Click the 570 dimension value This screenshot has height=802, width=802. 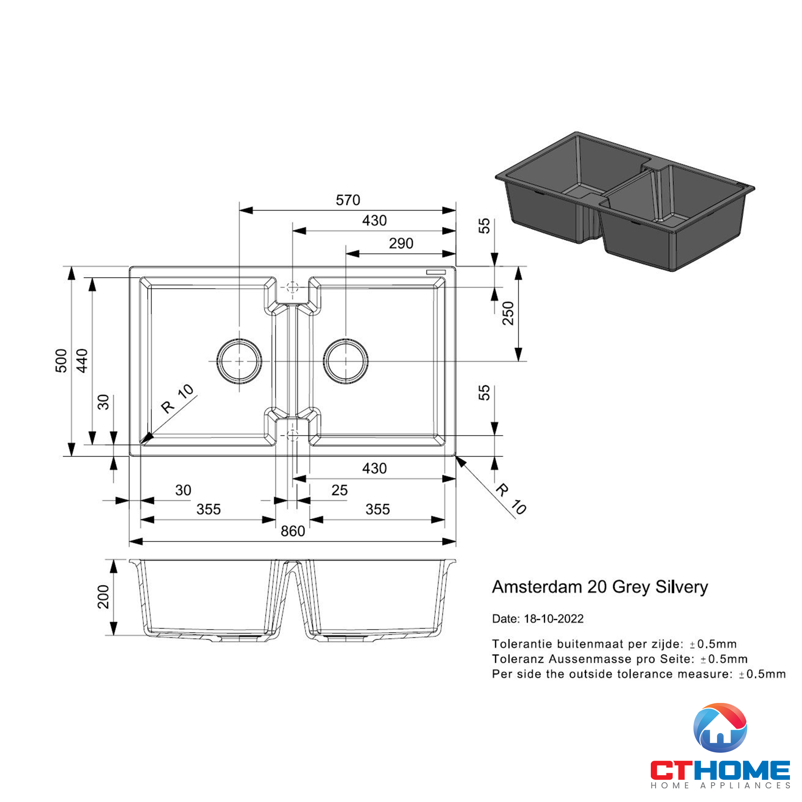pyautogui.click(x=348, y=200)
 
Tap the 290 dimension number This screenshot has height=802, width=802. pyautogui.click(x=401, y=243)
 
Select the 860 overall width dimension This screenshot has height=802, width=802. pyautogui.click(x=293, y=531)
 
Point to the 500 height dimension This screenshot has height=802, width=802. pyautogui.click(x=61, y=361)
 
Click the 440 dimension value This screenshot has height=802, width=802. pyautogui.click(x=82, y=361)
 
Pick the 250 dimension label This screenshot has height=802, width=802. pyautogui.click(x=508, y=314)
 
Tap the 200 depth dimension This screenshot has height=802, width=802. pyautogui.click(x=103, y=597)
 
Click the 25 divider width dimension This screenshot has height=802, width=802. pyautogui.click(x=340, y=490)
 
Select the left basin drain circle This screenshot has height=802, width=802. pyautogui.click(x=239, y=361)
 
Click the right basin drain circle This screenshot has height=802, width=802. pyautogui.click(x=346, y=361)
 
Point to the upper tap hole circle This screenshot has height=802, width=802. pyautogui.click(x=293, y=287)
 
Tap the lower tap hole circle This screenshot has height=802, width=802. pyautogui.click(x=293, y=435)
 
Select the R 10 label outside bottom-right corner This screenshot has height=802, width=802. pyautogui.click(x=511, y=499)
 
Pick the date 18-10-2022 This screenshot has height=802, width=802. pyautogui.click(x=554, y=619)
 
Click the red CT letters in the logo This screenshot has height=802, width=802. pyautogui.click(x=672, y=770)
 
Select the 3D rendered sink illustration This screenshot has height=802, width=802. pyautogui.click(x=625, y=202)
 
